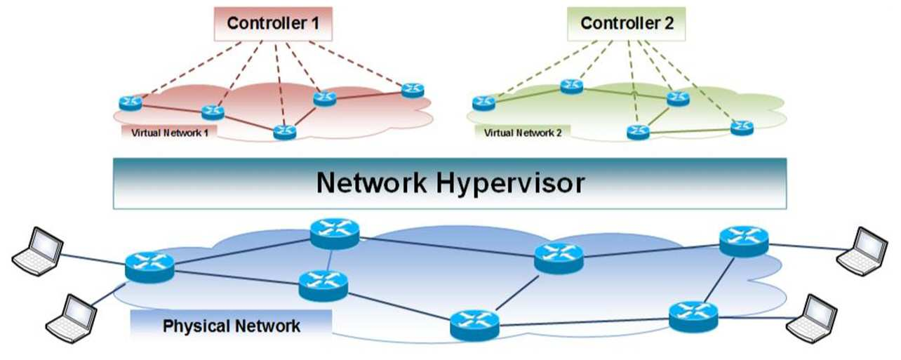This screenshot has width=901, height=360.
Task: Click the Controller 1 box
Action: pyautogui.click(x=273, y=24)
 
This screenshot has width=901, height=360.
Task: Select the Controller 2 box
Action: pyautogui.click(x=626, y=24)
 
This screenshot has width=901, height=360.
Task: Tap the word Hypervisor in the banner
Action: pyautogui.click(x=510, y=184)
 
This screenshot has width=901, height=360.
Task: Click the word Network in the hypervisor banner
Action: pyautogui.click(x=372, y=183)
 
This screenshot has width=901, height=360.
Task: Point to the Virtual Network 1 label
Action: pyautogui.click(x=170, y=133)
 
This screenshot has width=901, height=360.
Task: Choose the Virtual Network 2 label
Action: pyautogui.click(x=523, y=133)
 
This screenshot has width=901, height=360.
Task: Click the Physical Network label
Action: pyautogui.click(x=232, y=326)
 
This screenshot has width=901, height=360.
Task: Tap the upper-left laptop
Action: pyautogui.click(x=37, y=251)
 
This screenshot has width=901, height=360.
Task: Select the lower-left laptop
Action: pyautogui.click(x=71, y=319)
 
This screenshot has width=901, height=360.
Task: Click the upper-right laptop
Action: pyautogui.click(x=862, y=251)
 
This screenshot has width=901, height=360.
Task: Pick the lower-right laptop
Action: pyautogui.click(x=812, y=319)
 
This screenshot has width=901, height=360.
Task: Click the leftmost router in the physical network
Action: pyautogui.click(x=149, y=267)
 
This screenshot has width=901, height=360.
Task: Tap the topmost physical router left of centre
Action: pyautogui.click(x=335, y=233)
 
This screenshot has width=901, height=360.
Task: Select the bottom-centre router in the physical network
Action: pyautogui.click(x=474, y=326)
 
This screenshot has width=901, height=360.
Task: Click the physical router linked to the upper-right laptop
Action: pyautogui.click(x=744, y=241)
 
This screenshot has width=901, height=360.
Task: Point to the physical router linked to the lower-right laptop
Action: pyautogui.click(x=693, y=317)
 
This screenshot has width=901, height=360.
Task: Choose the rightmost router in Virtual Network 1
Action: pyautogui.click(x=413, y=90)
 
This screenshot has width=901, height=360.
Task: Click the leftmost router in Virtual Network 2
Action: pyautogui.click(x=483, y=103)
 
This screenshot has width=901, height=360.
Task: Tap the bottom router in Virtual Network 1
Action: pyautogui.click(x=285, y=132)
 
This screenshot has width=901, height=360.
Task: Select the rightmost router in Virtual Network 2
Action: pyautogui.click(x=742, y=128)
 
